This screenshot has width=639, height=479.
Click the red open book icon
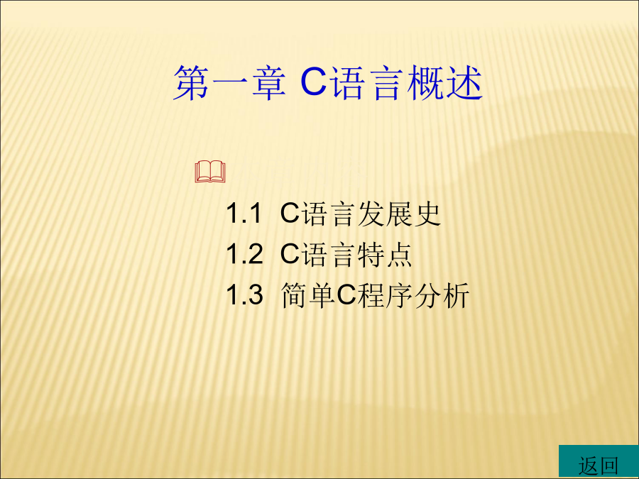tap(210, 172)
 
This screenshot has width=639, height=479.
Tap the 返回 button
tap(599, 461)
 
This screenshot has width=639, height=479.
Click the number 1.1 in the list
tap(244, 214)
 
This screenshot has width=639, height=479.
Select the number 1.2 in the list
tap(244, 254)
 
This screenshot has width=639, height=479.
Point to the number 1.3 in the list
tap(244, 295)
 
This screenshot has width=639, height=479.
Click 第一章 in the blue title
tap(229, 83)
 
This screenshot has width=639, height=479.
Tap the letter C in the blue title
tap(314, 82)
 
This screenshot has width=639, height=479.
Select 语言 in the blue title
tap(367, 83)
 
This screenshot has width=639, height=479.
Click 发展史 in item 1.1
tap(399, 214)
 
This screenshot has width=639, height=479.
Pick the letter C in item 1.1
tap(290, 214)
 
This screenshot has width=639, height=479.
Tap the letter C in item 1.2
tap(290, 254)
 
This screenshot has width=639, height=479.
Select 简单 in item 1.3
tap(308, 295)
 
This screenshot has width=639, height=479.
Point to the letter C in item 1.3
tap(346, 295)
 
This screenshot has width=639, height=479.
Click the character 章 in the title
tap(268, 83)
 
